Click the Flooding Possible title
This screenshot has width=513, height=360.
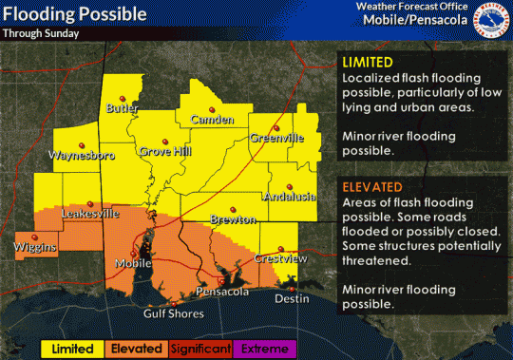pos(76,14)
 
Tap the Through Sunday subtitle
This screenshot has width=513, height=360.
pos(40,32)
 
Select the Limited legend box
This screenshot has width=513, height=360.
pos(72,349)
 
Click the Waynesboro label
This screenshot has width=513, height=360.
pos(82,153)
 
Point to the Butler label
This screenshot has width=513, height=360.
pos(123,109)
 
